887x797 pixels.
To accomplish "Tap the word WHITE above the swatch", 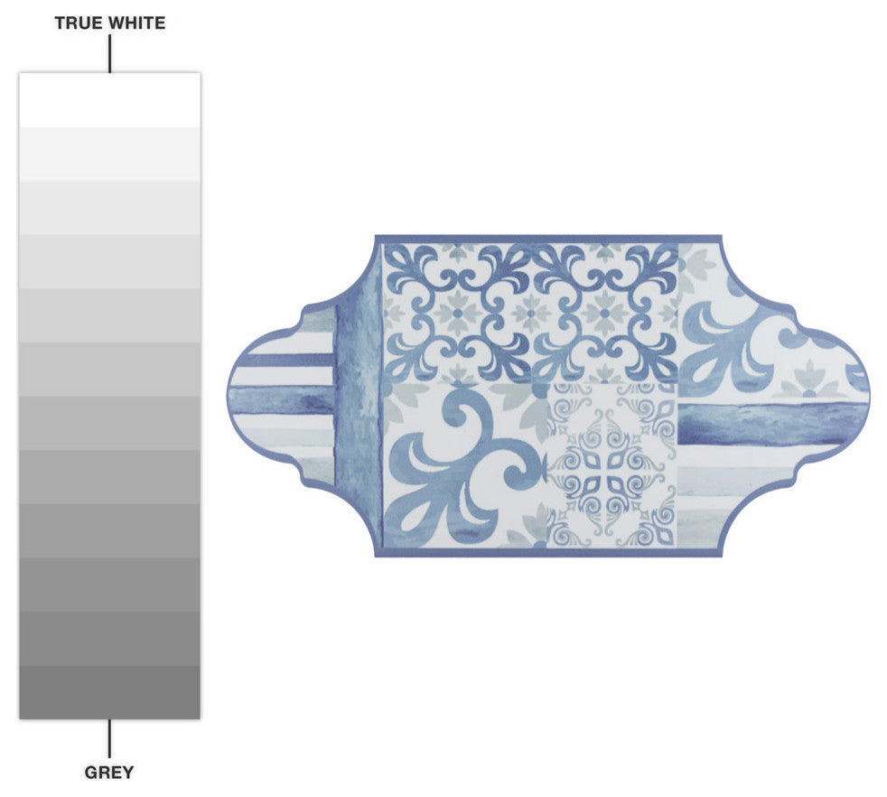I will tap(136, 23).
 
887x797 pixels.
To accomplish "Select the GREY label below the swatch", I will tap(109, 773).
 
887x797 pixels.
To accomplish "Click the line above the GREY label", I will tap(109, 737).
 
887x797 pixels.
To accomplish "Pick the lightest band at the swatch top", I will tap(109, 99).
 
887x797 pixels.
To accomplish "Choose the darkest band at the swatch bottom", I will tap(109, 692).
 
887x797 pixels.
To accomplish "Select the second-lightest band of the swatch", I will tap(109, 154).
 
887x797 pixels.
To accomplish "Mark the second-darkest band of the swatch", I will tap(109, 638).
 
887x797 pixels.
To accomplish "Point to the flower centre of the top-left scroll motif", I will tap(457, 313).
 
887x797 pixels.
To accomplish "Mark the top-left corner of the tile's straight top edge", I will tap(377, 238).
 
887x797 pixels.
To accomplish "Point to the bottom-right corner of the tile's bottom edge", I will tap(720, 553).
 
